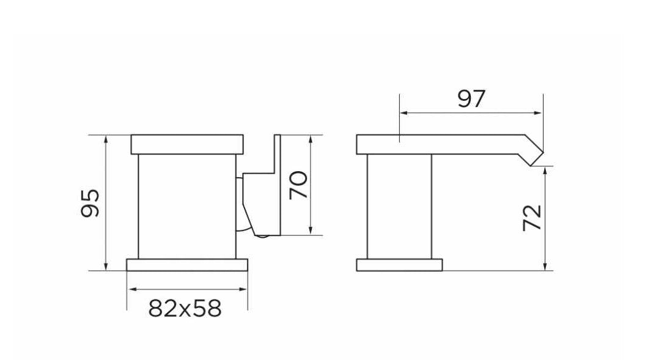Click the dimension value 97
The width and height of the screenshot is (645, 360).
pos(471,99)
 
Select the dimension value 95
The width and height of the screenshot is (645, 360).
pos(90,203)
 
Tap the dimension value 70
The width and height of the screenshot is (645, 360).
pos(298,185)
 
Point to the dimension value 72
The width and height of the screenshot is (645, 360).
pos(532,218)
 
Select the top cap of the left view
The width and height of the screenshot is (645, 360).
pos(187,144)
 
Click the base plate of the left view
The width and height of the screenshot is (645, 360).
pos(187,264)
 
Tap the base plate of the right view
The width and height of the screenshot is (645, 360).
pos(399,265)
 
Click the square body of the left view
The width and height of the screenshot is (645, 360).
pos(186,206)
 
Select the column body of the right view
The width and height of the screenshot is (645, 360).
pos(399,206)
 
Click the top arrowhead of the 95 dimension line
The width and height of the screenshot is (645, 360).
pos(107,138)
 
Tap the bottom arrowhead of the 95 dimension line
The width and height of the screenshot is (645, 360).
pos(107,266)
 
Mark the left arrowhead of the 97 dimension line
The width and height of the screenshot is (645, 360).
pos(402,112)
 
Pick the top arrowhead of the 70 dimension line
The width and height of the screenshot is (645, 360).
pos(312,139)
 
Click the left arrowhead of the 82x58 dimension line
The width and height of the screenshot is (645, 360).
pos(131,290)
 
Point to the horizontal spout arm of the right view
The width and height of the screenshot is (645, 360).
pos(440,144)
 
